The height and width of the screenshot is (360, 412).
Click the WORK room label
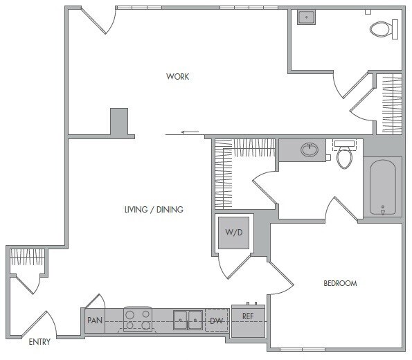(x=177, y=76)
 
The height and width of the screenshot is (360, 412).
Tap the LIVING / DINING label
(x=154, y=210)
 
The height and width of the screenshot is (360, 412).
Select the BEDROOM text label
(x=339, y=283)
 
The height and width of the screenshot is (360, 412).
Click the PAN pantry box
(x=94, y=321)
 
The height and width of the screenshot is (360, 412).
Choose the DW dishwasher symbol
(x=215, y=321)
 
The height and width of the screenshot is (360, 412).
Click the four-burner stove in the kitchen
(x=137, y=320)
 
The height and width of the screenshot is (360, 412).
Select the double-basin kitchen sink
(x=188, y=320)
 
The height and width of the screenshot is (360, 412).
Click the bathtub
(x=382, y=187)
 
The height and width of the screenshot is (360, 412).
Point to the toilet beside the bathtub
(x=344, y=157)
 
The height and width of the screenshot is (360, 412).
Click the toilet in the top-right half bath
(x=382, y=29)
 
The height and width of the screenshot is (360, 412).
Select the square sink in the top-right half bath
(x=307, y=18)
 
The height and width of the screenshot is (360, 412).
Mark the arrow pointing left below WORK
(x=190, y=132)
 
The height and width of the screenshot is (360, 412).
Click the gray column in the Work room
(x=119, y=123)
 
